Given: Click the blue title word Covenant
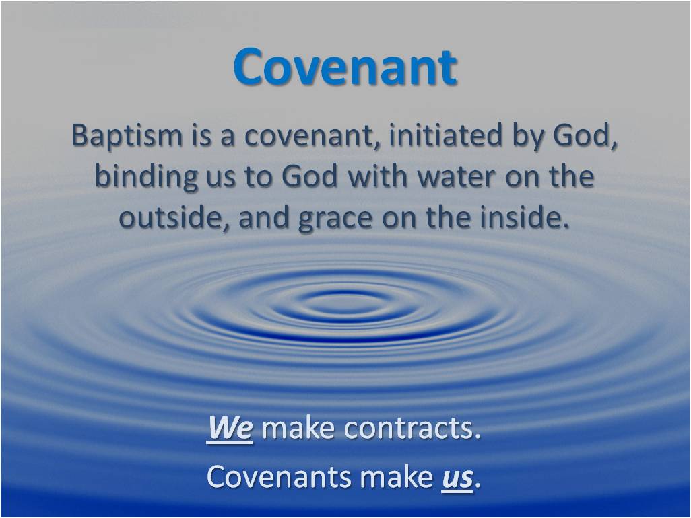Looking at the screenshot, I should click(345, 67).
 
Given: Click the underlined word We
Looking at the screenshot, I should click(230, 429).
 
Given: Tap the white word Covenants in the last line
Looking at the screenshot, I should click(279, 477).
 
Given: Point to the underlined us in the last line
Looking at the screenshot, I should click(457, 478).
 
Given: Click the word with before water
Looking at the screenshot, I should click(374, 178).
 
